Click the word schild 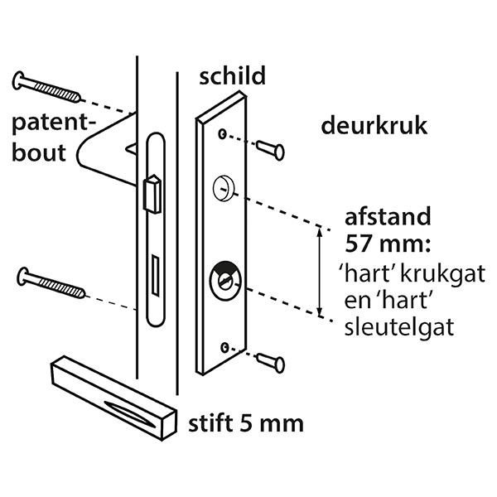pyautogui.click(x=232, y=75)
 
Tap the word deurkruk pyautogui.click(x=374, y=126)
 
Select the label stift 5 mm pyautogui.click(x=246, y=423)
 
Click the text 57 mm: pyautogui.click(x=388, y=244)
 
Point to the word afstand pyautogui.click(x=388, y=216)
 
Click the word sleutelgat pyautogui.click(x=399, y=327)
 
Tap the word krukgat pyautogui.click(x=442, y=273)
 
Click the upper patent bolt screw pyautogui.click(x=46, y=87)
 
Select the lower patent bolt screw pyautogui.click(x=51, y=283)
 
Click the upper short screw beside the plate pyautogui.click(x=270, y=150)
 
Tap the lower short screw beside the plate pyautogui.click(x=270, y=362)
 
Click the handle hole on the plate pyautogui.click(x=224, y=188)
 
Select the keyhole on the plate pyautogui.click(x=225, y=281)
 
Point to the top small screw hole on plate pyautogui.click(x=223, y=134)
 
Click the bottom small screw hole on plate pyautogui.click(x=225, y=347)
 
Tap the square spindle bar pyautogui.click(x=113, y=398)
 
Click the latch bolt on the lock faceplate pyautogui.click(x=152, y=193)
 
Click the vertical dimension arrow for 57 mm pyautogui.click(x=320, y=272)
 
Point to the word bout pyautogui.click(x=39, y=152)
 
